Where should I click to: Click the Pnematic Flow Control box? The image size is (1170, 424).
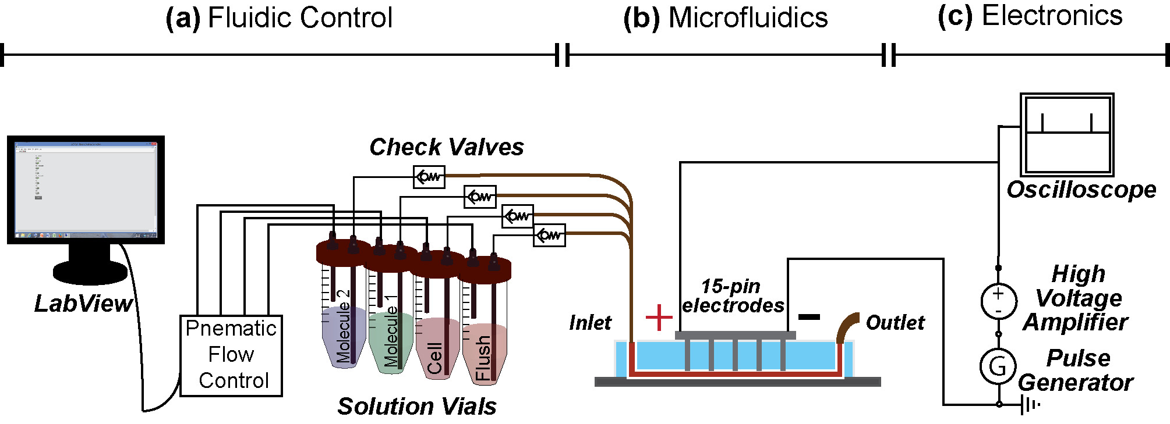231,355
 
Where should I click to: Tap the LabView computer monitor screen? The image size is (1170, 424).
86,189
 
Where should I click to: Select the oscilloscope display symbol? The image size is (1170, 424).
1067,134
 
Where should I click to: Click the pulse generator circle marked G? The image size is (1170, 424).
998,366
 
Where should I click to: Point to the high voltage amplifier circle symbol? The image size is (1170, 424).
998,301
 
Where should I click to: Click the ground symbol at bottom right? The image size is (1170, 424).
1030,404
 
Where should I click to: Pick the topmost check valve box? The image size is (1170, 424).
429,177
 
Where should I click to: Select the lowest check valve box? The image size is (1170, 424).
549,235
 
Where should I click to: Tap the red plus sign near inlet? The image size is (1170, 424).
659,318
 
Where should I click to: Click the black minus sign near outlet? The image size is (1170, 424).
809,317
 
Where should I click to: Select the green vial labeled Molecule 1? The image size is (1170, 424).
391,337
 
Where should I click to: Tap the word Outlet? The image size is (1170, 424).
895,322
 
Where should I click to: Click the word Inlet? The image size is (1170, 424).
590,322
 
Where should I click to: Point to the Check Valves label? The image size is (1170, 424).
446,147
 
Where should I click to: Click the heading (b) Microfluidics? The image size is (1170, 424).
725,17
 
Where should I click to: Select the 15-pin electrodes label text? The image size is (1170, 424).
732,295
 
